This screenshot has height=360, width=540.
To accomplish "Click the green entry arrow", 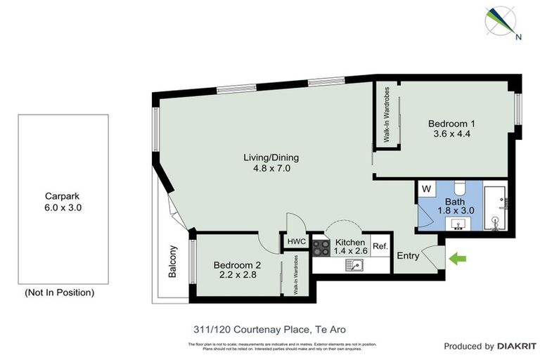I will [x=458, y=259].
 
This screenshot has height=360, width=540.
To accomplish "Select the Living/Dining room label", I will [x=266, y=163].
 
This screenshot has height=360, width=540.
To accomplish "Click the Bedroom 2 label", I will [x=237, y=271].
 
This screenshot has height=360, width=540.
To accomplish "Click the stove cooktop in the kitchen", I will [x=321, y=247].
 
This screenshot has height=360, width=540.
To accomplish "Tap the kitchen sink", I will [x=354, y=265].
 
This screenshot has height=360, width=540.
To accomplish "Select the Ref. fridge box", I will [x=380, y=246].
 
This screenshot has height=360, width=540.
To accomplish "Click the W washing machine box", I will [x=426, y=189].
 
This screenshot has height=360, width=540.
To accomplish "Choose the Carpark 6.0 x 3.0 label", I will [x=63, y=202].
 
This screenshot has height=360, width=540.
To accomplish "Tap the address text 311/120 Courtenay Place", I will [x=269, y=328].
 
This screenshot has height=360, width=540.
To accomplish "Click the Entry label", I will [x=408, y=256].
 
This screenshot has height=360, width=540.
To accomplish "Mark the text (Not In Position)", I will [x=59, y=292].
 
